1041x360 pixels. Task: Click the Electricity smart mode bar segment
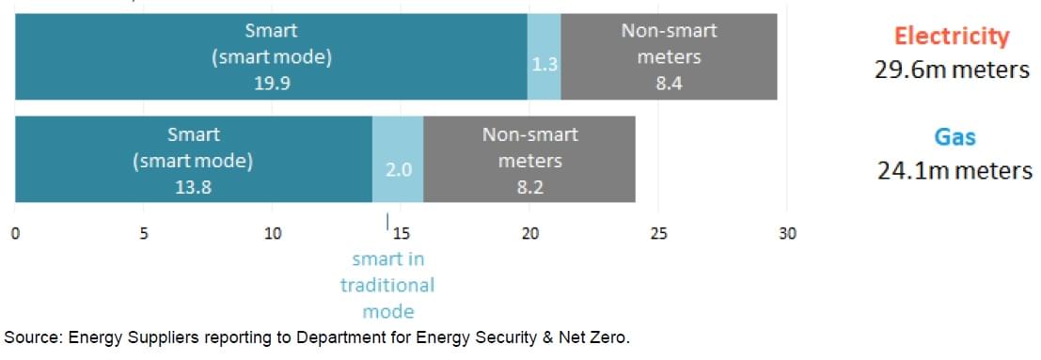click(271, 56)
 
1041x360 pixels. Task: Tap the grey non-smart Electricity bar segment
click(669, 56)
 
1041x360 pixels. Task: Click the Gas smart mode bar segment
click(193, 160)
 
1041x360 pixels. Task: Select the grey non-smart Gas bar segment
click(529, 160)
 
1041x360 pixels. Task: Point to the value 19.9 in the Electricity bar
click(271, 82)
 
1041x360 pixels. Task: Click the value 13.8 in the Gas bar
click(193, 186)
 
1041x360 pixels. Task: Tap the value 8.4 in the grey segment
click(669, 83)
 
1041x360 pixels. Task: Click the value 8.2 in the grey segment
click(529, 186)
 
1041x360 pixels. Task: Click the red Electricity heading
click(952, 37)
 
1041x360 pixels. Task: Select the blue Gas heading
click(954, 137)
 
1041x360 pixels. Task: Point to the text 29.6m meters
click(952, 70)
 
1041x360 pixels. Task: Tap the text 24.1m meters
click(954, 171)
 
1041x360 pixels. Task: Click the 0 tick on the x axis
click(16, 233)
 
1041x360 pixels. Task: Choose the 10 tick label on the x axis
click(272, 233)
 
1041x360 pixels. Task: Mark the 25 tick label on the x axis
click(658, 233)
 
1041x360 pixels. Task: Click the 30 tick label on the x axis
click(787, 233)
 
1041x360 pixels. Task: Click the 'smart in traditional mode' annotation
click(387, 285)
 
